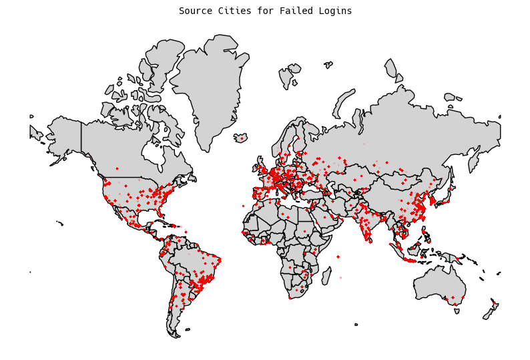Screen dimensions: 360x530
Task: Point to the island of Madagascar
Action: point(326,275)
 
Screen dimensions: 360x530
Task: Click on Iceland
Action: point(240,138)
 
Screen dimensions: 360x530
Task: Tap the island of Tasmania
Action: point(457,311)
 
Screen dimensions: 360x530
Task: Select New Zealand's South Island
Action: point(488,313)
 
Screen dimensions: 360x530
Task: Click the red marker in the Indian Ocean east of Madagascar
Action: point(340,277)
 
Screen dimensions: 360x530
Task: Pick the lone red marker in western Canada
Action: point(117,168)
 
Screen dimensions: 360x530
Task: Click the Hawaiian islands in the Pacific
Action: point(60,223)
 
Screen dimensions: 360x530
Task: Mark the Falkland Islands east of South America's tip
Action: point(188,329)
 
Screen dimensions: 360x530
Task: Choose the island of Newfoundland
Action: point(192,178)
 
